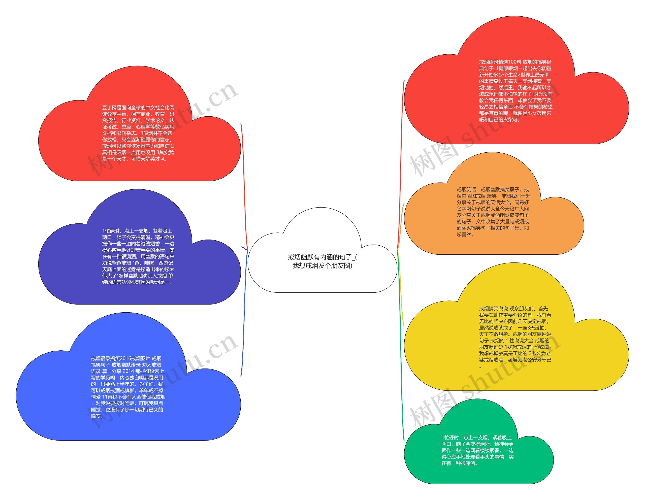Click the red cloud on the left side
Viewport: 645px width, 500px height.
(x=139, y=168)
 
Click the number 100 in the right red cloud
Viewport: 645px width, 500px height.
(x=512, y=62)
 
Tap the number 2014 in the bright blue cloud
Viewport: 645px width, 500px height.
(x=128, y=371)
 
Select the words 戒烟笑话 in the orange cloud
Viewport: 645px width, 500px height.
(x=466, y=190)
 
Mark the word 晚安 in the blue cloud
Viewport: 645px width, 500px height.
(x=96, y=416)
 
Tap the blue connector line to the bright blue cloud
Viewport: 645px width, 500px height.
(x=244, y=325)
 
